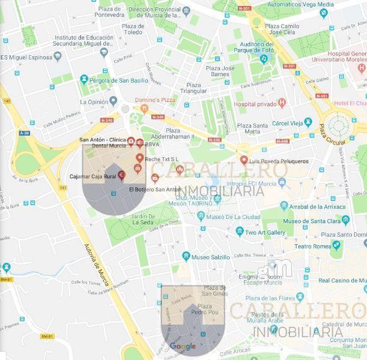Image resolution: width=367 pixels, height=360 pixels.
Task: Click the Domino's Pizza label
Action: tap(156, 100)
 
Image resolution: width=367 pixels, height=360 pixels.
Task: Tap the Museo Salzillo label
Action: tap(210, 257)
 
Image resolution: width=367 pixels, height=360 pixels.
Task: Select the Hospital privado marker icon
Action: tap(281, 103)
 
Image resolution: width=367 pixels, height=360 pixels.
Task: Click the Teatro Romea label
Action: tap(312, 246)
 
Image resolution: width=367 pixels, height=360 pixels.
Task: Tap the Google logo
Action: tap(183, 346)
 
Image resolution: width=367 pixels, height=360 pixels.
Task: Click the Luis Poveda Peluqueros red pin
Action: tap(244, 161)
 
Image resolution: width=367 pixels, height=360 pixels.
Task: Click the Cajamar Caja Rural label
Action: tap(93, 176)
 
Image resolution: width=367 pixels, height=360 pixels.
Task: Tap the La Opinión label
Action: tap(94, 102)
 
